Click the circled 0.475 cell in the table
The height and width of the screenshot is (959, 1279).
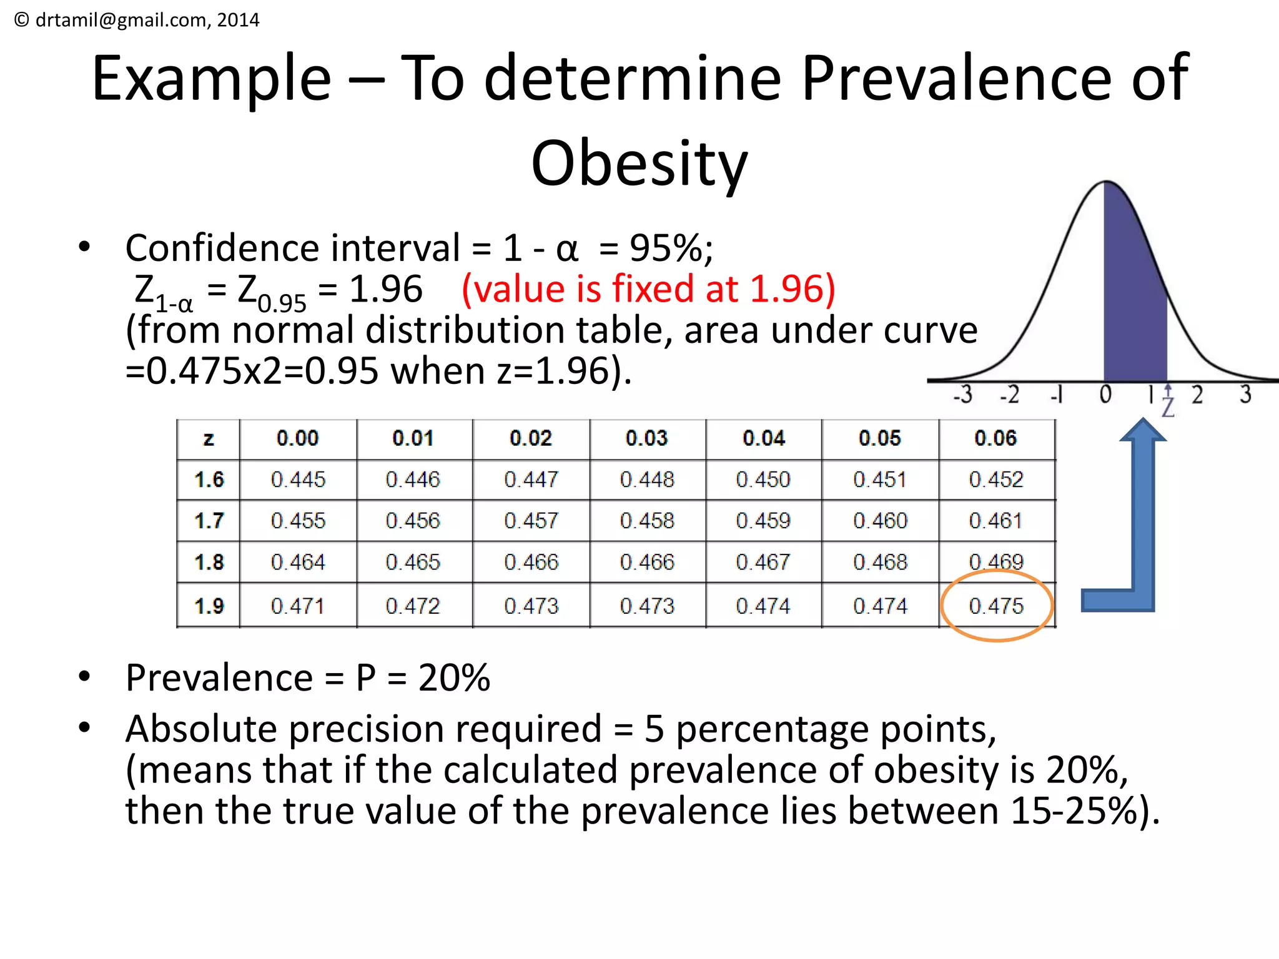(x=996, y=606)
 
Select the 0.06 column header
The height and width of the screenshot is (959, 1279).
(x=995, y=438)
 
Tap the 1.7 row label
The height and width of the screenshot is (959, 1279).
(x=209, y=521)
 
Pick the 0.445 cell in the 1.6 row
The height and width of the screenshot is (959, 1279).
(x=298, y=479)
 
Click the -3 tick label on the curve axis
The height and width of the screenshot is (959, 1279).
(x=963, y=395)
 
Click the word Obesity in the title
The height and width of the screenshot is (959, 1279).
(x=639, y=164)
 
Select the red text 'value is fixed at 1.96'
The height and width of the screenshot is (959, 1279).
(x=648, y=289)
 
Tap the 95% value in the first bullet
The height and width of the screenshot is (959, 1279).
(x=667, y=248)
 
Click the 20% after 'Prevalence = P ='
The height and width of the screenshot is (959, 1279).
(x=454, y=677)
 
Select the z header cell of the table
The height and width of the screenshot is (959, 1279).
(x=209, y=439)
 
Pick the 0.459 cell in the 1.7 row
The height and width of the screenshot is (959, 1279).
(x=763, y=521)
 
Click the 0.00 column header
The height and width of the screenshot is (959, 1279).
(x=297, y=438)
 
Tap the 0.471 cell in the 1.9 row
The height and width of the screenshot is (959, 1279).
(x=297, y=606)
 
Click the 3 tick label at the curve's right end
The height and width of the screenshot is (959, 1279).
(x=1245, y=395)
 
